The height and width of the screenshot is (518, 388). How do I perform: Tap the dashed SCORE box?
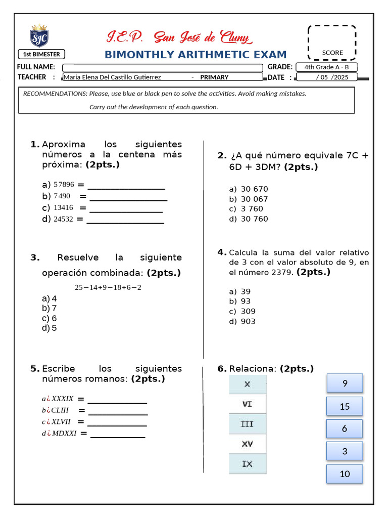pyautogui.click(x=332, y=42)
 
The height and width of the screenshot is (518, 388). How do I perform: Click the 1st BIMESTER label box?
pyautogui.click(x=42, y=54)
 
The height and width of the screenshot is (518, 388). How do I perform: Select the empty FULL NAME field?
pyautogui.click(x=162, y=68)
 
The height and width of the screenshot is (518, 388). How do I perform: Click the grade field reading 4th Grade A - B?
pyautogui.click(x=327, y=67)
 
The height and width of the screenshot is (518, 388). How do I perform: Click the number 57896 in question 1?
pyautogui.click(x=64, y=185)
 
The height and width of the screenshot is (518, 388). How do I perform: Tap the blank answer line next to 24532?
pyautogui.click(x=125, y=220)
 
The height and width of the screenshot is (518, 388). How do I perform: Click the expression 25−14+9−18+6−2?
pyautogui.click(x=108, y=287)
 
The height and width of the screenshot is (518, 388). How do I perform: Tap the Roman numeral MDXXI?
pyautogui.click(x=64, y=433)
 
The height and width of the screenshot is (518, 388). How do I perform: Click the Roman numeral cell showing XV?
pyautogui.click(x=247, y=444)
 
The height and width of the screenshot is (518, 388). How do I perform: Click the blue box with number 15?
pyautogui.click(x=345, y=406)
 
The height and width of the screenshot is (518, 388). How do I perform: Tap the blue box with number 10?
pyautogui.click(x=345, y=474)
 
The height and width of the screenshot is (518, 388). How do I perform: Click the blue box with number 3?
pyautogui.click(x=345, y=451)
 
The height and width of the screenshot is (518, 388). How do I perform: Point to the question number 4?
pyautogui.click(x=221, y=252)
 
